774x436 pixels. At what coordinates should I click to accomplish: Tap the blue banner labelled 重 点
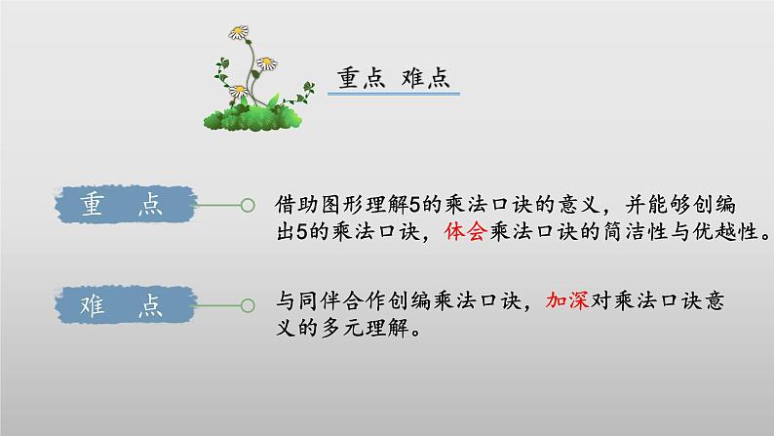tap(121, 205)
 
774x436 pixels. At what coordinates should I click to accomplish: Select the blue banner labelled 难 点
tap(121, 305)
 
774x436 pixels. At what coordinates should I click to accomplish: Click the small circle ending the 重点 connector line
tap(248, 206)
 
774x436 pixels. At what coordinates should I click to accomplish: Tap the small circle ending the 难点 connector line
tap(248, 305)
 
